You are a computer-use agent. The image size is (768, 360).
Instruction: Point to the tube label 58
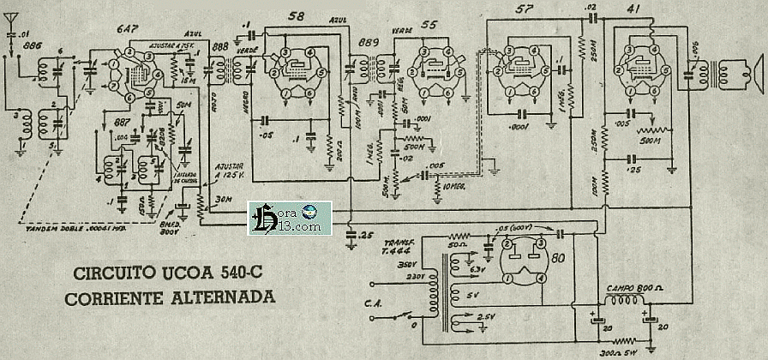297,17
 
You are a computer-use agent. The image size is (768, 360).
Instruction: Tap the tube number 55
429,24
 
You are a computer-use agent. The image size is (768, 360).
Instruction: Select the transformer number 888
219,45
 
